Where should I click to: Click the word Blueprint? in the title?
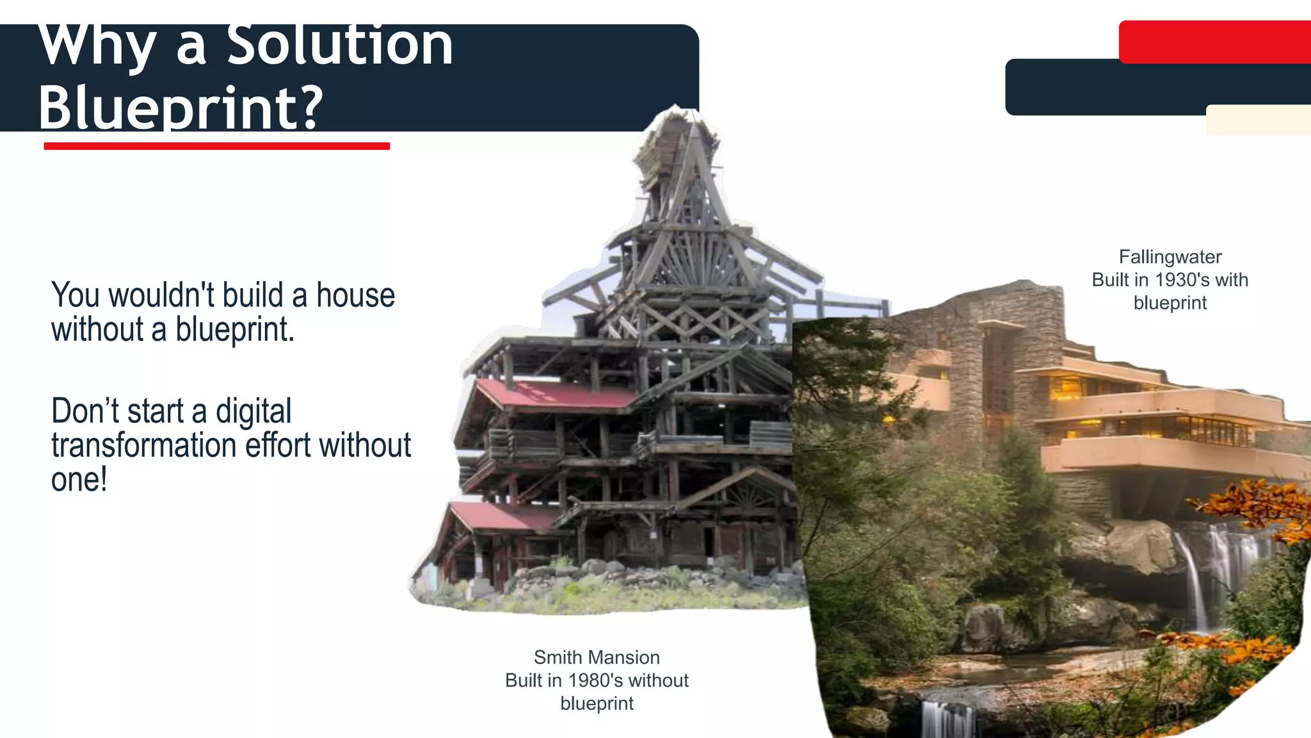click(181, 107)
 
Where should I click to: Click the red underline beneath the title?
click(216, 146)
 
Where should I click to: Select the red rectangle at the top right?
click(1214, 42)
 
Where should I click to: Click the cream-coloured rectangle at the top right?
click(1258, 120)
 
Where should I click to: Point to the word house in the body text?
click(355, 295)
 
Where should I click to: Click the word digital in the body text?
click(253, 411)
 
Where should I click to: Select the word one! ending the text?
click(79, 480)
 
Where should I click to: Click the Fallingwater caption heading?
click(1170, 257)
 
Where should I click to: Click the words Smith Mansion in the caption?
click(597, 657)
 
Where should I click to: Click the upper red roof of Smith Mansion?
click(554, 394)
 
